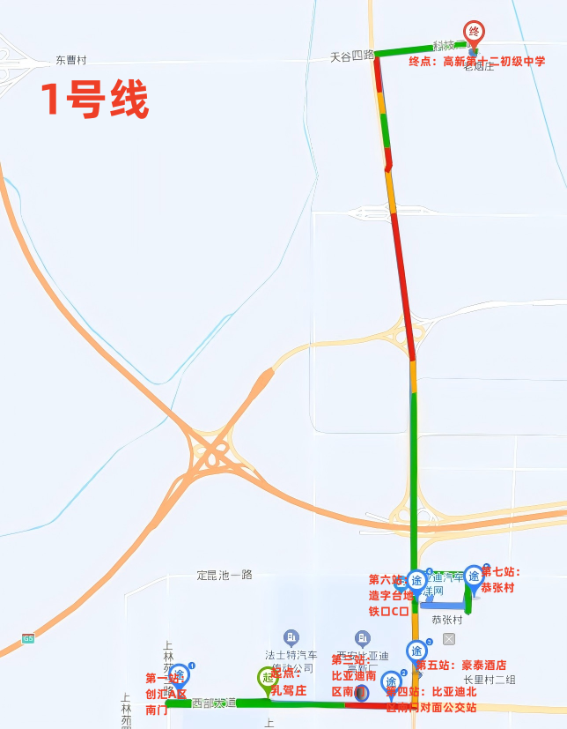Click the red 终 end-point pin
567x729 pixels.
[474, 33]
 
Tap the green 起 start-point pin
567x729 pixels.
[268, 678]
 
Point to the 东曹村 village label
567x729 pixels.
[70, 61]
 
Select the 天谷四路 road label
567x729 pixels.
[352, 56]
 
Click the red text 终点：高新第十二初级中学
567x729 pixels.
[476, 62]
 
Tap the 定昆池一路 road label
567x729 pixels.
[225, 575]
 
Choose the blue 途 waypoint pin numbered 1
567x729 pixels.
[179, 675]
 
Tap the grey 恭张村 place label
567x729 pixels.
[447, 620]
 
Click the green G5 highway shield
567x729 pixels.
[28, 638]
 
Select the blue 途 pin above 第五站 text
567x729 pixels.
[416, 651]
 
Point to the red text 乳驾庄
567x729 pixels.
[288, 690]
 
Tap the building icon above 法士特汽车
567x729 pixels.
[291, 637]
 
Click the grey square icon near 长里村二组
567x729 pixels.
[449, 638]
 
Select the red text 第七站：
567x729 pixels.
[500, 572]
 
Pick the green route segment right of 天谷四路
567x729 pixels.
[405, 49]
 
